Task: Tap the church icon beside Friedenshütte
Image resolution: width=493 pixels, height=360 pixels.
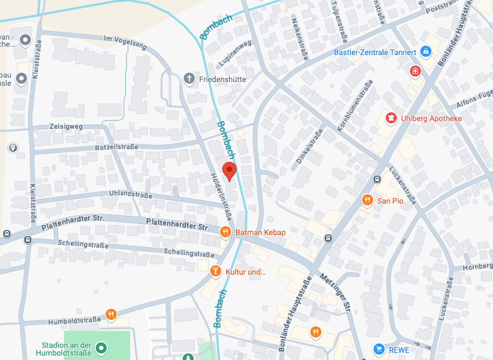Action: point(189,79)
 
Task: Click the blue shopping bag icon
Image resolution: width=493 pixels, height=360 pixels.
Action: point(425,52)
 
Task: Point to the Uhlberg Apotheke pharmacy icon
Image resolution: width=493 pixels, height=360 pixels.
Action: point(391,118)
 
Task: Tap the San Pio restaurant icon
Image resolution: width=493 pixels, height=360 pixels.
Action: point(367,200)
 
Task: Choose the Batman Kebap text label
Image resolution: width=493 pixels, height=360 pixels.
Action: point(260,232)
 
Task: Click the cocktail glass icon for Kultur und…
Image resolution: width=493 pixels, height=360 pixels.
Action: point(216,271)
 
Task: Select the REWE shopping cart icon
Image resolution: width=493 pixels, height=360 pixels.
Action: point(379,349)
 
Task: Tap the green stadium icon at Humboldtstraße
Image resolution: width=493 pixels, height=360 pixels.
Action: point(101,348)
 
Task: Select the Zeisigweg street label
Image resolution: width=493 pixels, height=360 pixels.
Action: point(65,126)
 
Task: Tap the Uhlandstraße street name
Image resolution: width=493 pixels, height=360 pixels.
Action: point(130,195)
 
